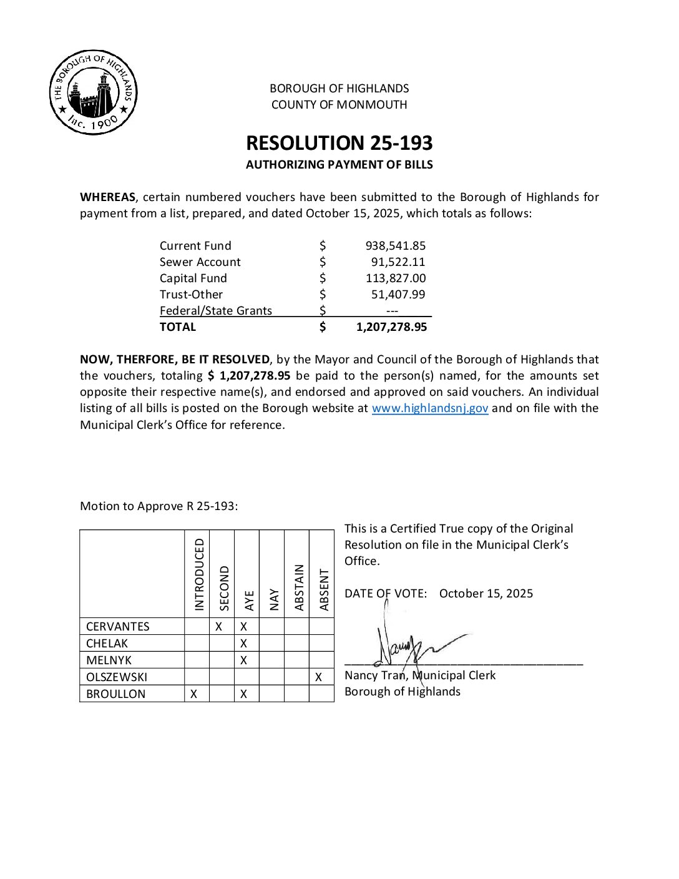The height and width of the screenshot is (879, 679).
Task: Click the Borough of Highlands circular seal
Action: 94,92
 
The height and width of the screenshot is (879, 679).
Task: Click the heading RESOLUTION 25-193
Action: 339,143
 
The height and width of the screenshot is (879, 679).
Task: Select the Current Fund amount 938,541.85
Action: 396,246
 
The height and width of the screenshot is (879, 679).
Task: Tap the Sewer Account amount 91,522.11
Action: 398,262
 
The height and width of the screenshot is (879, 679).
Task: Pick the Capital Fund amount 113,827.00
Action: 396,278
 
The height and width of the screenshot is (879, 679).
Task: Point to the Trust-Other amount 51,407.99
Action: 398,295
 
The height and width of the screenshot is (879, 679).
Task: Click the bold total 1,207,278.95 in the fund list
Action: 391,327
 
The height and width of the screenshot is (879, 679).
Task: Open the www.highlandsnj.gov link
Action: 430,408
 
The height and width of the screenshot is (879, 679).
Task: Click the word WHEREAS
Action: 107,197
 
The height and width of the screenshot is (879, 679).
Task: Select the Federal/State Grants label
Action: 216,311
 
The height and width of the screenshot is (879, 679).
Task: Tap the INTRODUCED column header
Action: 199,574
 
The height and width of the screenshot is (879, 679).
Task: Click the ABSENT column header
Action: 324,589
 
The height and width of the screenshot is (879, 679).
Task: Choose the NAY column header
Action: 274,599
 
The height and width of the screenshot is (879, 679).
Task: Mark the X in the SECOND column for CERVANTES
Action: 219,626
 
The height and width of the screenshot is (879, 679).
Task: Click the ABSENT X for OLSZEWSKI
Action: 319,677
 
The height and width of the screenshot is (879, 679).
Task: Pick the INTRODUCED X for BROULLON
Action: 194,694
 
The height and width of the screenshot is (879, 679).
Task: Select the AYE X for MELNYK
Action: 244,660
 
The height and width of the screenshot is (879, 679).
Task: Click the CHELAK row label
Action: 107,643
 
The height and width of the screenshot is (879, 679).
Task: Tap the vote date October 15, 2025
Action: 486,594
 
